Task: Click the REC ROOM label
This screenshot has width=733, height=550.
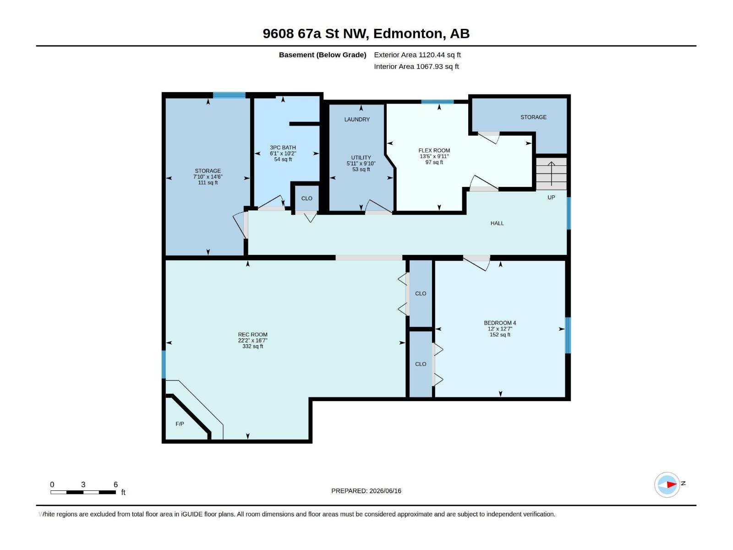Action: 252,334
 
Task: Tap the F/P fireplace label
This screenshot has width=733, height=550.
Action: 180,424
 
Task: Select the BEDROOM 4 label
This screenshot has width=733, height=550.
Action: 500,323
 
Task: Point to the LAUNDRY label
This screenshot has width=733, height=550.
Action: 357,119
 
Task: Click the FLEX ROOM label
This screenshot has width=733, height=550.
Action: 434,151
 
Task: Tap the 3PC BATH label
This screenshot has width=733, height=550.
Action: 283,148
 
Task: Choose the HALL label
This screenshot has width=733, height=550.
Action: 497,223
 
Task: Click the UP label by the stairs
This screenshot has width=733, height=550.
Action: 551,198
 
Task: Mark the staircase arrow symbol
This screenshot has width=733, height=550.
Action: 551,174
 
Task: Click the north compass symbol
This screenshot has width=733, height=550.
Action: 667,484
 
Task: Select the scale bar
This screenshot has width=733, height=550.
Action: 83,492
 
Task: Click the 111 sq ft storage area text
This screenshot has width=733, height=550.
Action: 208,183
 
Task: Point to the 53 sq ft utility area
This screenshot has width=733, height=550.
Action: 361,169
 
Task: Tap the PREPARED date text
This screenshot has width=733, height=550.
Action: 366,491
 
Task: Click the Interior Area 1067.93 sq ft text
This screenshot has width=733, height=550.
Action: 416,66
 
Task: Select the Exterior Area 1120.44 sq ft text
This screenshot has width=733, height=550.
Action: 417,55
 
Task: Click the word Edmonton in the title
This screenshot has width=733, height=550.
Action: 409,33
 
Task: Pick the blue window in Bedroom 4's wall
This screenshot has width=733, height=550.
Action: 568,335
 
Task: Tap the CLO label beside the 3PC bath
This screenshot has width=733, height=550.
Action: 306,198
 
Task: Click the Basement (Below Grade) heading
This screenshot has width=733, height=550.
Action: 323,55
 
